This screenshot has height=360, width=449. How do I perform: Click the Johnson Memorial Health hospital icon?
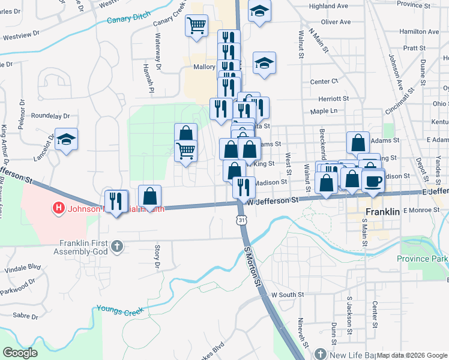[x=58, y=209]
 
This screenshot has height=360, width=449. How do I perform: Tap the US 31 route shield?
[x=241, y=221]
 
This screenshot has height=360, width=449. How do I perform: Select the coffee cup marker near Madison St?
[x=373, y=181]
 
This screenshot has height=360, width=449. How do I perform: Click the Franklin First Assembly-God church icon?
[x=118, y=245]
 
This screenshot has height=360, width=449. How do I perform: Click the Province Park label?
[x=422, y=259]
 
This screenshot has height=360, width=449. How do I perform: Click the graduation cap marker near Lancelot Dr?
[x=66, y=140]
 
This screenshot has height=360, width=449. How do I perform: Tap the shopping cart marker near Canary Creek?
[x=196, y=26]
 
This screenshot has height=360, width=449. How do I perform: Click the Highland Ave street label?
[x=328, y=6]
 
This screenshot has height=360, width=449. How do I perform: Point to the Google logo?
[x=20, y=353]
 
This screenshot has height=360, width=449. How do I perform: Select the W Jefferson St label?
[x=273, y=202]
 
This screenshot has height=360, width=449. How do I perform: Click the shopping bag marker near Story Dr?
[x=149, y=196]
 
